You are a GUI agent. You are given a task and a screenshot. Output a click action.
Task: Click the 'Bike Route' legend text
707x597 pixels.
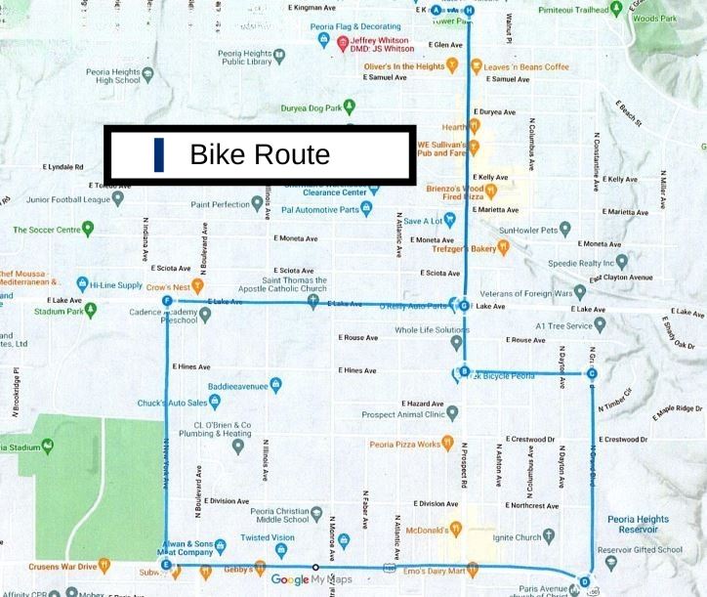coord(260,154)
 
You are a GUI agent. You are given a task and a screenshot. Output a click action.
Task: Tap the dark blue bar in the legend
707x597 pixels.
coord(158,154)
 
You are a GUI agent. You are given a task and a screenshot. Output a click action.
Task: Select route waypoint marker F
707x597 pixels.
coord(168,301)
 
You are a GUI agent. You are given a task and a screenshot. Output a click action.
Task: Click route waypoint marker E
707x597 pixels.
coord(167,565)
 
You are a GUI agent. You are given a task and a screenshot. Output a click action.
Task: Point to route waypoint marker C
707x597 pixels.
coord(592,373)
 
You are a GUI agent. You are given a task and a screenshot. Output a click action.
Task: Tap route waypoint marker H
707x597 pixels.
coord(469,10)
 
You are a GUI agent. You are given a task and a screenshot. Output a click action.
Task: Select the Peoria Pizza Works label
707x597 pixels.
coord(405,445)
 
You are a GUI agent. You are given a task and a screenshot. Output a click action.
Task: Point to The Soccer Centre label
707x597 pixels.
coord(46,230)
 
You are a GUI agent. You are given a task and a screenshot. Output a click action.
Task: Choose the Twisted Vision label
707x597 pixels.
coord(268,537)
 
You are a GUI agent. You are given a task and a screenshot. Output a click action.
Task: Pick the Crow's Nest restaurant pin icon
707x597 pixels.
coord(197,286)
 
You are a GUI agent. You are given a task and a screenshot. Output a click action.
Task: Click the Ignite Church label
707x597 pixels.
coord(517,537)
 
